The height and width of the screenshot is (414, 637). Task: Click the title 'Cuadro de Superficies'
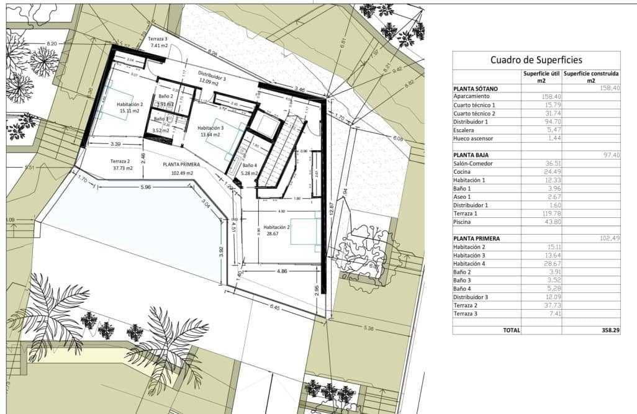(x=536, y=60)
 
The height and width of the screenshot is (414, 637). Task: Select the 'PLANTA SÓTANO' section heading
(x=476, y=89)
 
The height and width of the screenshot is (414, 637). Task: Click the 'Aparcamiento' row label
(x=472, y=97)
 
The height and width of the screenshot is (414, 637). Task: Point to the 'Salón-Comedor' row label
(x=474, y=163)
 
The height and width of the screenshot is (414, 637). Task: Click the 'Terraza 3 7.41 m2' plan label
(x=158, y=42)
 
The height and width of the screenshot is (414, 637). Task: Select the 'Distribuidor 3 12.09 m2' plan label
(x=212, y=76)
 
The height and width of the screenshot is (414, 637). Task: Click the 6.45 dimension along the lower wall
(x=274, y=307)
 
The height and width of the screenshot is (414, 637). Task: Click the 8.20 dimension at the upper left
(x=52, y=43)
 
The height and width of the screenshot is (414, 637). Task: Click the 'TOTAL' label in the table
(x=511, y=331)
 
